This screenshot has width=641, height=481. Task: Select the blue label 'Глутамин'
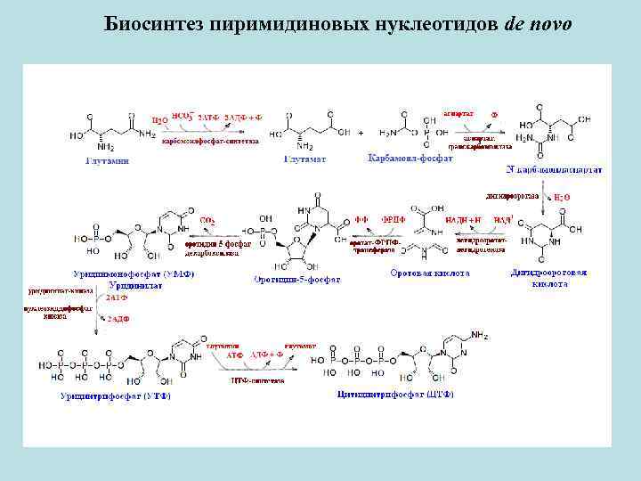[107, 160]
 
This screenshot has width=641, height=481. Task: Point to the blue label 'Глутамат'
[304, 159]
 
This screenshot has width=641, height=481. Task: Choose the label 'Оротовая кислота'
[430, 273]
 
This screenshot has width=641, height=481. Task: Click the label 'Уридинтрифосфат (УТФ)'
[116, 395]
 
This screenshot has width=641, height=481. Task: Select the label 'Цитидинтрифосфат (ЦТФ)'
[396, 394]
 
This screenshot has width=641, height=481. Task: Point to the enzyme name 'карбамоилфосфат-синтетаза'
[211, 141]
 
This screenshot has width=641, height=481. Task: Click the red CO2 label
[207, 220]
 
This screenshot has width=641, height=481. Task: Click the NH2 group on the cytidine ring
[479, 336]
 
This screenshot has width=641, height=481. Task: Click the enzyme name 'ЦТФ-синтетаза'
[257, 380]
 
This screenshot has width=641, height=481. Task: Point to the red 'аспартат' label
[456, 113]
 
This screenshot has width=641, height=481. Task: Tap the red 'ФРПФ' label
[393, 219]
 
